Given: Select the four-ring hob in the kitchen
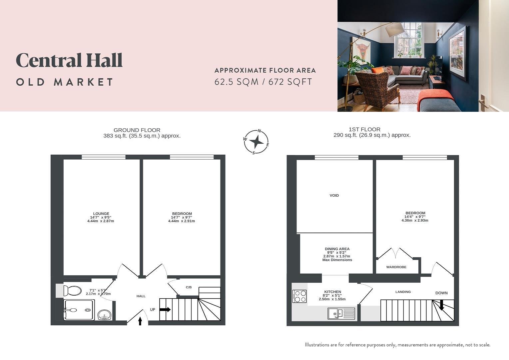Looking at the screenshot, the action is tap(299, 296).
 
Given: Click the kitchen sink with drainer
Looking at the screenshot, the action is tap(341, 313).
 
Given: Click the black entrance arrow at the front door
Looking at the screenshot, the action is tap(140, 321).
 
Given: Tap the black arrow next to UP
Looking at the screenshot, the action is tap(165, 310).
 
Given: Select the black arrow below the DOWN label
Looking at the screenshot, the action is tap(441, 305).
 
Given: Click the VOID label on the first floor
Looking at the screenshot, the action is tap(334, 195).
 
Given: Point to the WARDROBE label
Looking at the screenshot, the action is tap(396, 267).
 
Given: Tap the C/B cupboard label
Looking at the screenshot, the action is tap(189, 287).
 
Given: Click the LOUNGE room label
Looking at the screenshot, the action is tap(101, 214).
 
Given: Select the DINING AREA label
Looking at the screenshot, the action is tap(337, 249).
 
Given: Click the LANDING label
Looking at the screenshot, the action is tap(403, 292).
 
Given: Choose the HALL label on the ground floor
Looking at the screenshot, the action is tap(141, 296).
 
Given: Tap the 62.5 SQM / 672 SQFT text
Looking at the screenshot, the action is tap(263, 82).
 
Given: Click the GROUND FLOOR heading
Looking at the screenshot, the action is tap(137, 130).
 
